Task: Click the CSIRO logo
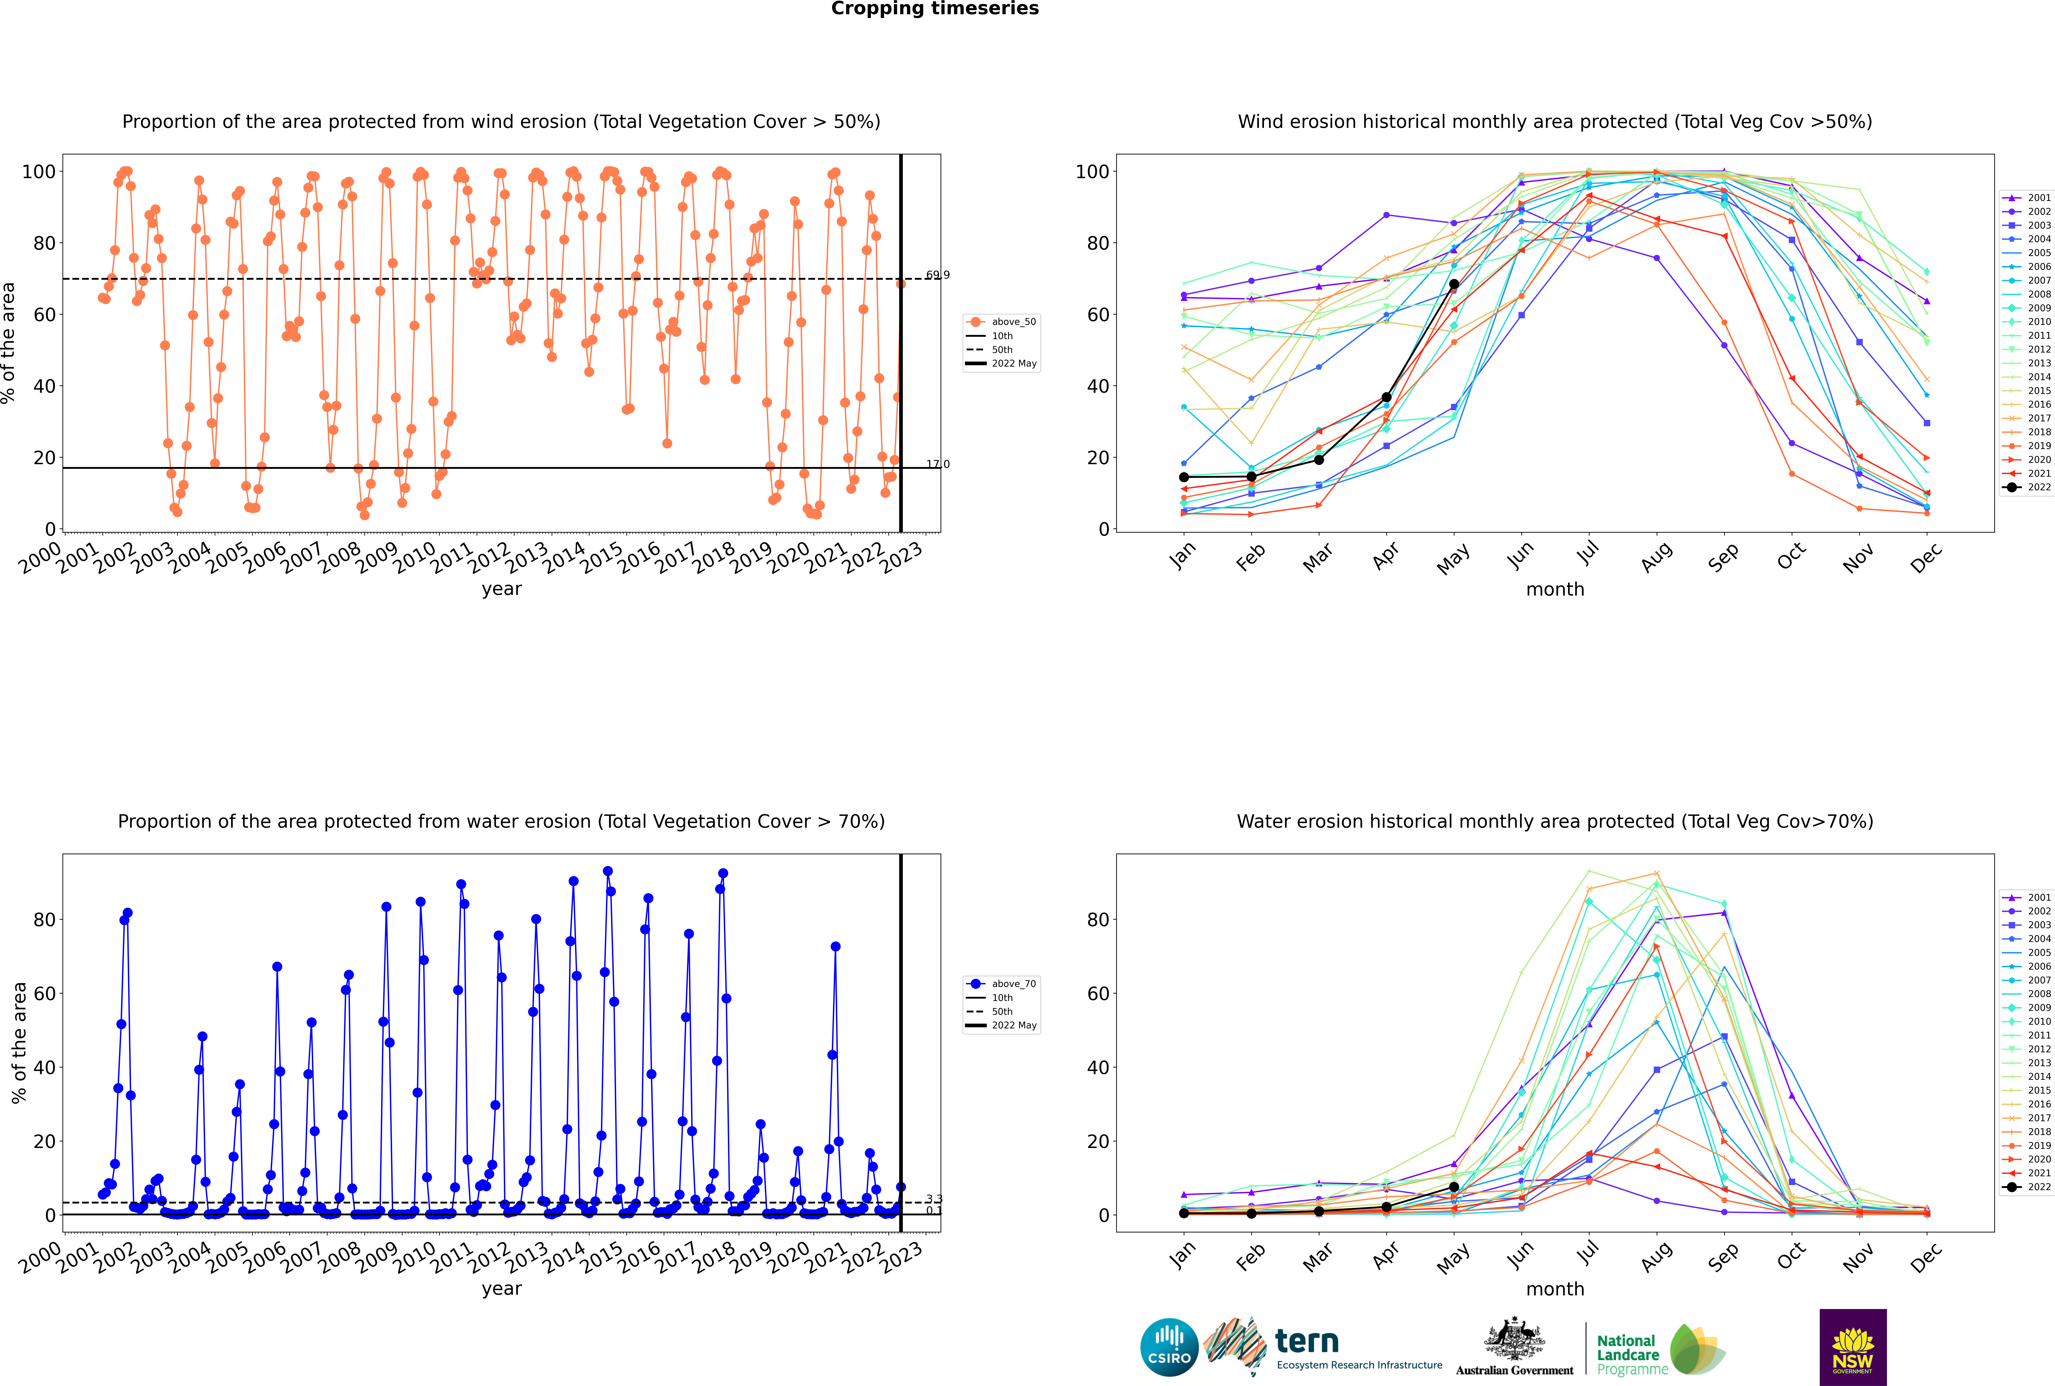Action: pos(1169,1347)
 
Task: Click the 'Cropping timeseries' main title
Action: pos(935,9)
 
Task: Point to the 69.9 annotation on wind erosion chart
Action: pos(937,275)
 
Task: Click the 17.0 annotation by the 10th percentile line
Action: pos(937,464)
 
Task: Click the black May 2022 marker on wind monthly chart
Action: pos(1453,284)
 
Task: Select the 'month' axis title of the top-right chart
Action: pos(1555,590)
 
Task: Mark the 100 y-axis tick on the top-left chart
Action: pos(39,172)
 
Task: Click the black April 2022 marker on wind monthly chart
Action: pos(1386,398)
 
